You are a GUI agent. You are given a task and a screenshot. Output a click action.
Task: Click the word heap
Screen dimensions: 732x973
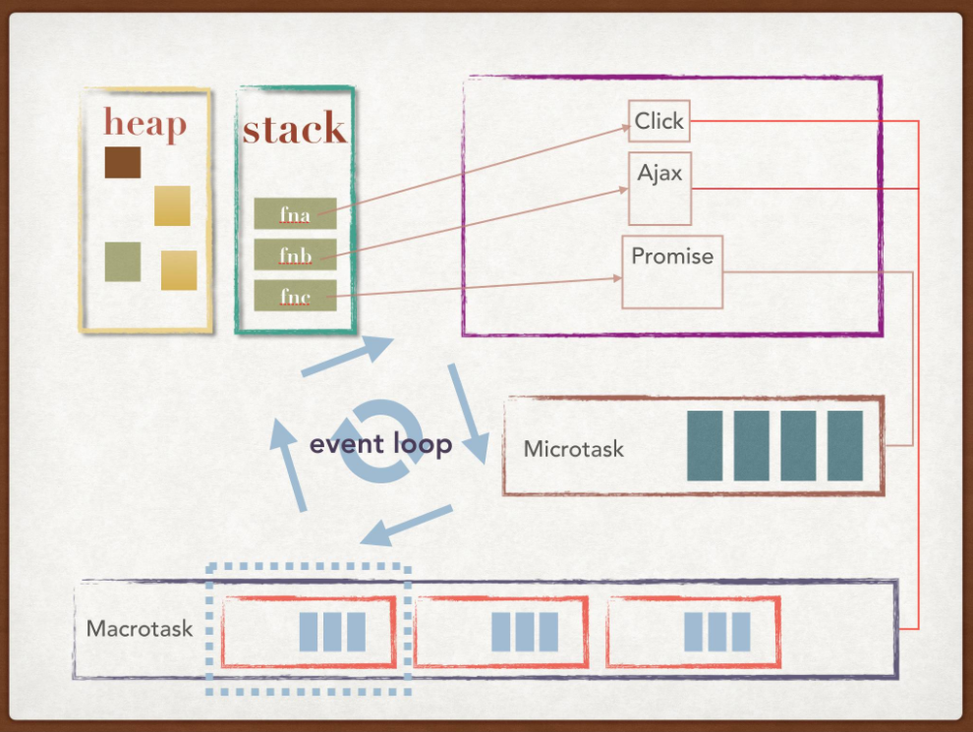tap(144, 125)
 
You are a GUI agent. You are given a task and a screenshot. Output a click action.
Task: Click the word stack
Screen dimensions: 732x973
tap(294, 130)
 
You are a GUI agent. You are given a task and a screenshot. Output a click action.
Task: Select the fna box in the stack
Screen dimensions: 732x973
tap(295, 213)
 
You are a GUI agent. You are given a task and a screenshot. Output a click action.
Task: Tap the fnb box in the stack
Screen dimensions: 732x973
tap(295, 254)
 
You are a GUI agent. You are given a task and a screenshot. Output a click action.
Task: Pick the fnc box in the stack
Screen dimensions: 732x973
tap(295, 296)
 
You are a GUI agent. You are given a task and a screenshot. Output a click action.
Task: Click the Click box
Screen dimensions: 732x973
tap(658, 121)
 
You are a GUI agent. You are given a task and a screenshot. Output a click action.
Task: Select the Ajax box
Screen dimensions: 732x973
tap(659, 188)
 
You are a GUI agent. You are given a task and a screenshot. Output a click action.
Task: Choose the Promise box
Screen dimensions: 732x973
tap(672, 271)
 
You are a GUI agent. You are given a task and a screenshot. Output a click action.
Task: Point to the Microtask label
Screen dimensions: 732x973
tap(573, 450)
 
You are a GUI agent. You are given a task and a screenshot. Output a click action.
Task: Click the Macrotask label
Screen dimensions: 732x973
tap(138, 628)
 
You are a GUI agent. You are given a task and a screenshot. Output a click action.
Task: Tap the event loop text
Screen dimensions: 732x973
tap(380, 444)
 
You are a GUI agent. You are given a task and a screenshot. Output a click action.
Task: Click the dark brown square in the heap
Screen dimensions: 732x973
tap(123, 162)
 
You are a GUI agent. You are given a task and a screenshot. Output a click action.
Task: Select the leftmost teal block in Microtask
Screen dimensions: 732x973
tap(705, 445)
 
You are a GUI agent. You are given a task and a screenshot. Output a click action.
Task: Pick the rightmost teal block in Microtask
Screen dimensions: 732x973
tap(845, 445)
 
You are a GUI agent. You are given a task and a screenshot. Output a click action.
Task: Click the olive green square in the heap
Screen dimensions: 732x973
tap(123, 261)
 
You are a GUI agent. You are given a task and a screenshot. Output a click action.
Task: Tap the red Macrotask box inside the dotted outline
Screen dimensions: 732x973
tap(309, 631)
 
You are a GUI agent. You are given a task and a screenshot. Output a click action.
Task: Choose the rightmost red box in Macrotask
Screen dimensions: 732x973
tap(693, 631)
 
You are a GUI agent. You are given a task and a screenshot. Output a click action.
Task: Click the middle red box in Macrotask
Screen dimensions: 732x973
tap(500, 631)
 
